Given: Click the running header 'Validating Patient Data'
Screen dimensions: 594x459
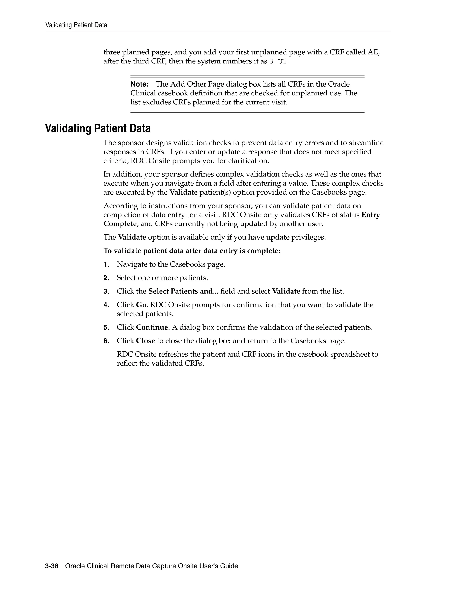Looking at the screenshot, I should point(76,25).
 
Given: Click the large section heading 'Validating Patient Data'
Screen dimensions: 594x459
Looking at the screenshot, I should point(98,128).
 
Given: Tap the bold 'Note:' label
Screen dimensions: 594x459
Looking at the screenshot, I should point(139,84).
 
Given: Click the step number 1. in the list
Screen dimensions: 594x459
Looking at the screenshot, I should point(106,264).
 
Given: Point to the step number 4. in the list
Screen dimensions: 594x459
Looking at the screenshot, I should point(106,305).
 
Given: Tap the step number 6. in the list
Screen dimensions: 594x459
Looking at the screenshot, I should point(106,341).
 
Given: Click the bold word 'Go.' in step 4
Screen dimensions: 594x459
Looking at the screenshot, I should point(142,305).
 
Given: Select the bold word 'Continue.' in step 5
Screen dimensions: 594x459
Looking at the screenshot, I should point(153,327).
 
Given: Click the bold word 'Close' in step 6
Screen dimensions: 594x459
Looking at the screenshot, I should point(145,341).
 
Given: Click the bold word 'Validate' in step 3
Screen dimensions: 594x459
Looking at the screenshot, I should point(286,291).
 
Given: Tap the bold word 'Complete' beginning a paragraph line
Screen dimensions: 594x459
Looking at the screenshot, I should point(120,224).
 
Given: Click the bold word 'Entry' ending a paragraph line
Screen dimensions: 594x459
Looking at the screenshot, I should point(371,215).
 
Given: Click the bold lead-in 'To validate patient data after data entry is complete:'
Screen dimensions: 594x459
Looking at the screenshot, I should point(192,251).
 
